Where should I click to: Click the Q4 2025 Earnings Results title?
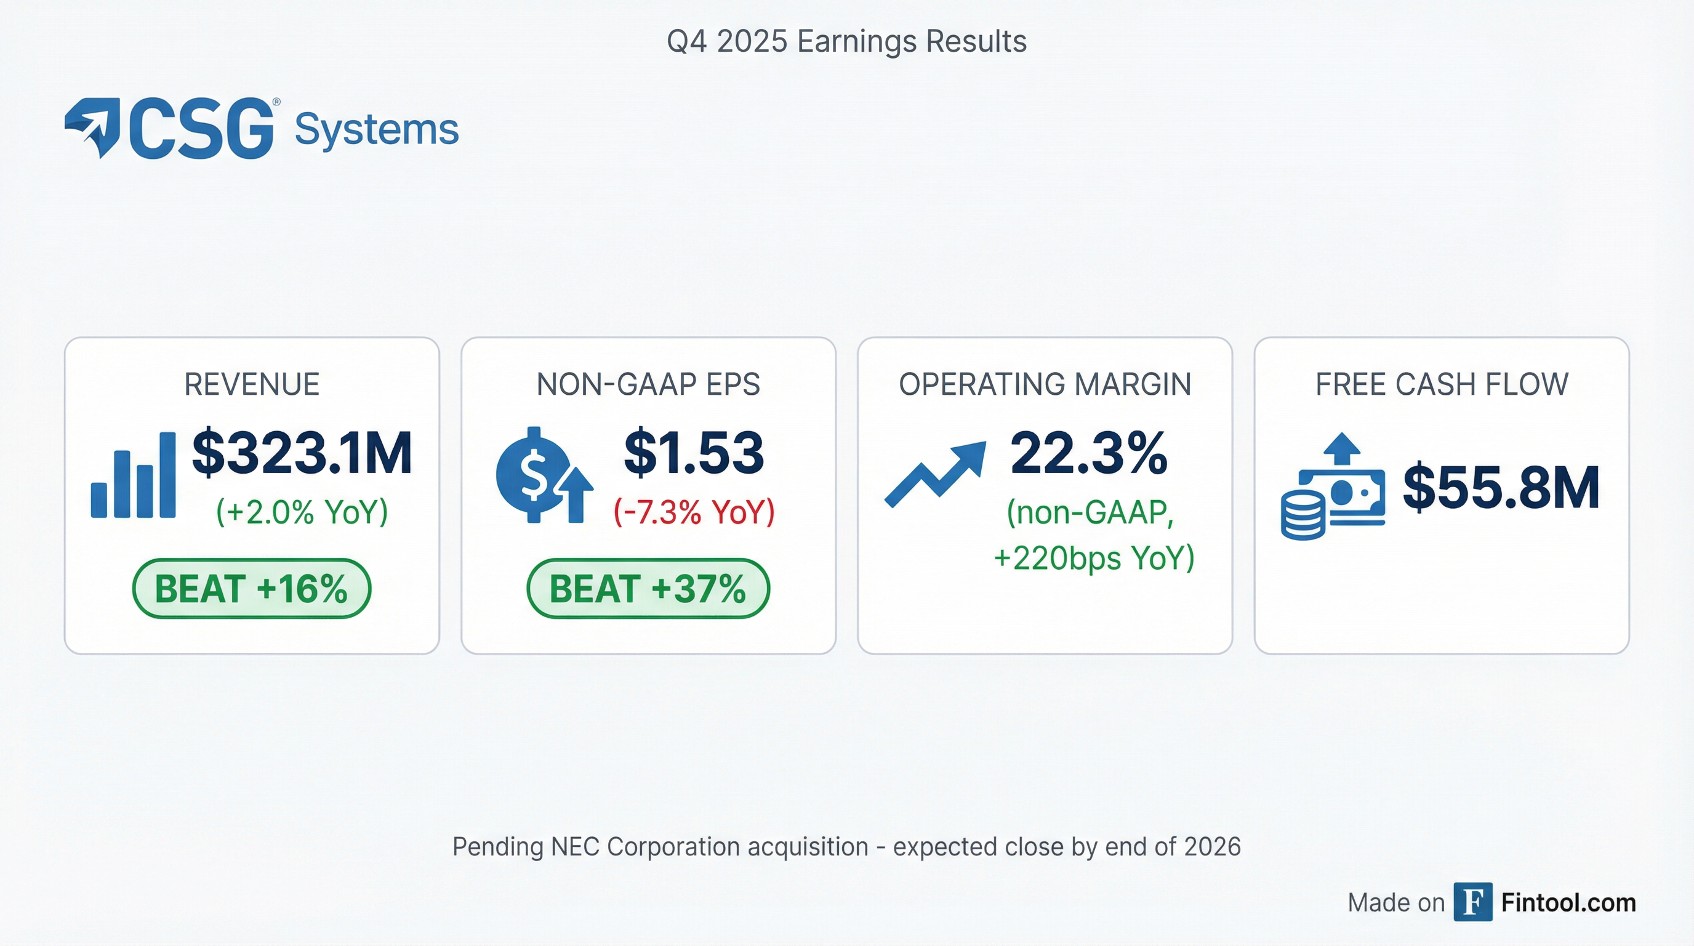[x=846, y=41]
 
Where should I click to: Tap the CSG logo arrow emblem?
[x=92, y=127]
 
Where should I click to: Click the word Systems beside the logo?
[x=376, y=130]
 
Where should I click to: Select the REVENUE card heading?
[x=252, y=384]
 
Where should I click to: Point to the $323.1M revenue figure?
[x=302, y=453]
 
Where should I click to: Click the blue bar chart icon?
[x=133, y=475]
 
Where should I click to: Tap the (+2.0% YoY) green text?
[x=302, y=512]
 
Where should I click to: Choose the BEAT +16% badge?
[x=251, y=588]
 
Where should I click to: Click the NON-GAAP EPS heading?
[x=648, y=384]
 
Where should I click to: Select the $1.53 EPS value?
[x=694, y=453]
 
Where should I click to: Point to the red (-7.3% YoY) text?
[x=694, y=512]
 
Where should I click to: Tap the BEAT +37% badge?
[x=648, y=588]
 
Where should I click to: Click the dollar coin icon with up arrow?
[x=545, y=475]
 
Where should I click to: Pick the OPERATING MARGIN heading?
[x=1045, y=384]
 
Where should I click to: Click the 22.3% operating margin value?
[x=1089, y=453]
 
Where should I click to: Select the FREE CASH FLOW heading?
[x=1442, y=384]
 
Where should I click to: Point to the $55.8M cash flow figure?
[x=1501, y=487]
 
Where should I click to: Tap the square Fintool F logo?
[x=1472, y=902]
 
